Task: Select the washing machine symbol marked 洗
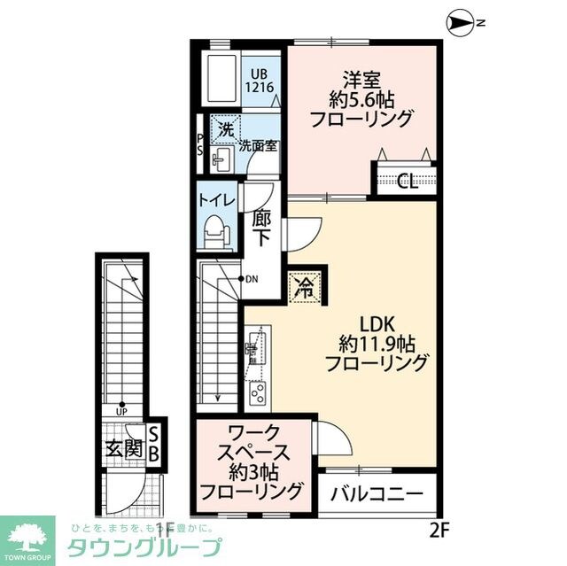click(226, 128)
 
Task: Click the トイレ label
click(216, 200)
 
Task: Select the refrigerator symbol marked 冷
click(304, 287)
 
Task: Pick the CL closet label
click(407, 182)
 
